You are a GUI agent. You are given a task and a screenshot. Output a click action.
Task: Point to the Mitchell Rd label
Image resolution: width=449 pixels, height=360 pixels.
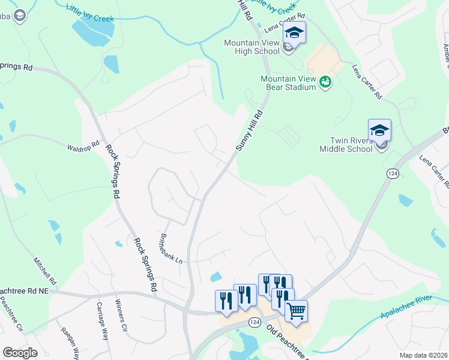(45, 272)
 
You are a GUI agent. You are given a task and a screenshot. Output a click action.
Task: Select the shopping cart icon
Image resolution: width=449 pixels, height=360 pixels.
(295, 311)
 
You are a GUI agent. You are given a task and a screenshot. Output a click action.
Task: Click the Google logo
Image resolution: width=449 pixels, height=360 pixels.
(20, 353)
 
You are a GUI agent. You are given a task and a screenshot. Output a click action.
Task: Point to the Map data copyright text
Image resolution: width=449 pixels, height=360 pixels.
(423, 355)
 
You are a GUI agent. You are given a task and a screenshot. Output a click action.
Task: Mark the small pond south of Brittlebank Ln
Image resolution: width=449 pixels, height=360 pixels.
(215, 277)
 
